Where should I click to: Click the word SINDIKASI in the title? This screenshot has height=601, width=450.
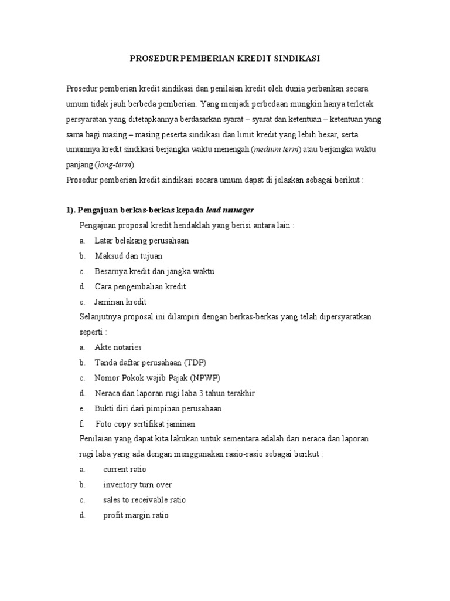tap(296, 59)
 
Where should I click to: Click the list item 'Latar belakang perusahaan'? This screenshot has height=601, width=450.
tap(142, 241)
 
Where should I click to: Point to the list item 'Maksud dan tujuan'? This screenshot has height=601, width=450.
tap(129, 256)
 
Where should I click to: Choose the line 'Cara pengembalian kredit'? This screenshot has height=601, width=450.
tap(140, 286)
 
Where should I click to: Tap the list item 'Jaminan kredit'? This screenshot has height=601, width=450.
tap(121, 302)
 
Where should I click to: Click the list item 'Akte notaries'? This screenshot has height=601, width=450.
tap(118, 347)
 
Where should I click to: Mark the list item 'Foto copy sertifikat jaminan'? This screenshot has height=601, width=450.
tap(146, 424)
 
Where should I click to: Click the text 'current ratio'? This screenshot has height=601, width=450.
tap(125, 470)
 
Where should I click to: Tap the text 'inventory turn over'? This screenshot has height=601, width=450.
tap(137, 485)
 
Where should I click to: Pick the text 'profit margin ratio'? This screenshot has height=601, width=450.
tap(135, 515)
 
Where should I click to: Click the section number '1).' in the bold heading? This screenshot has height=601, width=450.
tap(73, 210)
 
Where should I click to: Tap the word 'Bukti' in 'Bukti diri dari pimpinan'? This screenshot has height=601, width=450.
tap(104, 408)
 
